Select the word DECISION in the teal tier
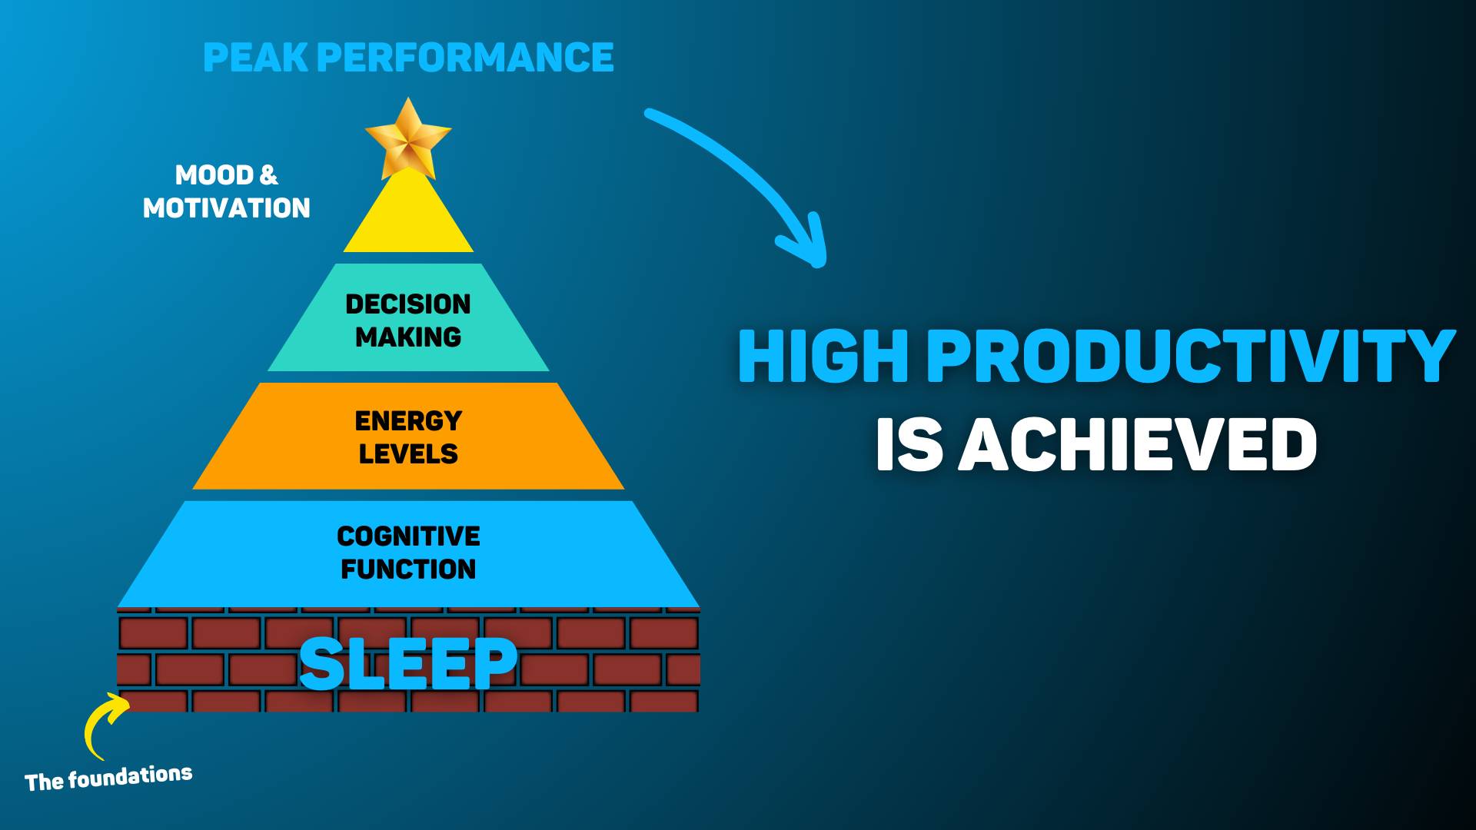click(x=408, y=304)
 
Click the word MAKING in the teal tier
click(x=408, y=337)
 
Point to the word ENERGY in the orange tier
click(x=408, y=421)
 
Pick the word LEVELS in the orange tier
click(x=408, y=454)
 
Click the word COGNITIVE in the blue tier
click(x=408, y=536)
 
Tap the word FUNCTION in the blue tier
click(x=408, y=569)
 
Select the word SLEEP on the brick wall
click(x=408, y=663)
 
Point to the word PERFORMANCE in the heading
click(x=465, y=58)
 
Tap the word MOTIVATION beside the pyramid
click(x=227, y=208)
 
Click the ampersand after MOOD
click(x=268, y=175)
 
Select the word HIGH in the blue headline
click(x=823, y=356)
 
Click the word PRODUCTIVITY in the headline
click(x=1192, y=356)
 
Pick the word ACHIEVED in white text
click(x=1138, y=445)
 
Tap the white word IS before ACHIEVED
click(x=909, y=445)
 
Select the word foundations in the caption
click(x=130, y=778)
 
